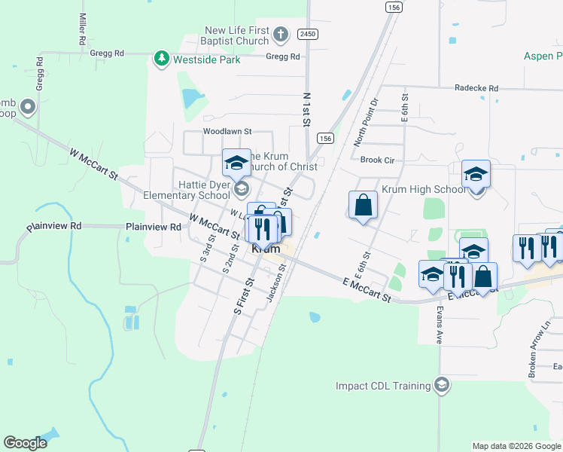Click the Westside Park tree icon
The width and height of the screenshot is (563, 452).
click(160, 58)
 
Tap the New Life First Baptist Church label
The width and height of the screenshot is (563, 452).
click(237, 35)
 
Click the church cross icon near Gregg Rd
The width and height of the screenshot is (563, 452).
click(280, 34)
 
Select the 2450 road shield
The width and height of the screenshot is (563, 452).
click(307, 34)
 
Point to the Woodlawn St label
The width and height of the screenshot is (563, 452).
click(226, 131)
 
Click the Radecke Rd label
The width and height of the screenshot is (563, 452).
click(476, 88)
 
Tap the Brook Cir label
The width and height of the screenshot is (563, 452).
click(377, 160)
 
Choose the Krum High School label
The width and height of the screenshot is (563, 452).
click(424, 189)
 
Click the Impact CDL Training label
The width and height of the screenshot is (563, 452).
click(383, 386)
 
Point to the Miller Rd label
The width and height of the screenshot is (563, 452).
click(81, 28)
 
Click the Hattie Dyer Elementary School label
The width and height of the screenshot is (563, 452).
click(187, 190)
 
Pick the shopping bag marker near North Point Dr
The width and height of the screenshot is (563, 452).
click(363, 205)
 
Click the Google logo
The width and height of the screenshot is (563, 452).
click(25, 442)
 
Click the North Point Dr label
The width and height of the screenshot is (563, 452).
click(367, 121)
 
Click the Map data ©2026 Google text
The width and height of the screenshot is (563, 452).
click(516, 446)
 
